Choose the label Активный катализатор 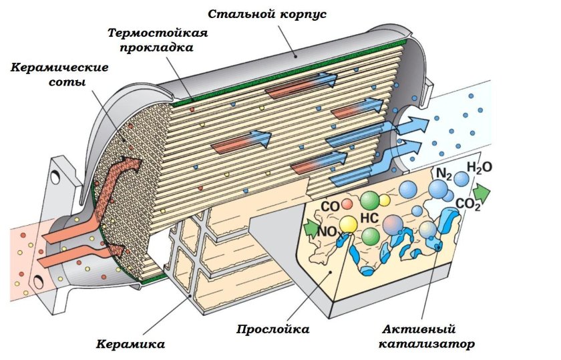[428, 337]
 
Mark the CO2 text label [468, 204]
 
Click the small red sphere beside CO [347, 204]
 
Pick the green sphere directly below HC [371, 236]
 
